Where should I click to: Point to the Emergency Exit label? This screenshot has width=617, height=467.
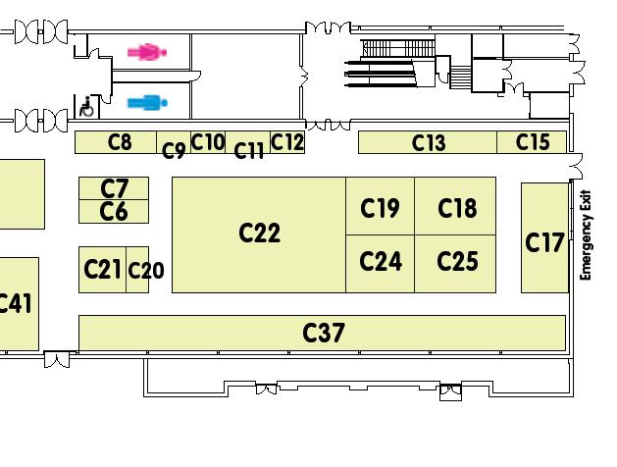coord(586,234)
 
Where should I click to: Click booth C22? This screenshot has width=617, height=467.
coord(259,233)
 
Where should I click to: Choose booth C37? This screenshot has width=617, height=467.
coord(323,333)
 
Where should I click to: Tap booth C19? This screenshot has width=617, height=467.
coord(380,207)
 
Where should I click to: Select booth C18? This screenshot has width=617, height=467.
coord(456,207)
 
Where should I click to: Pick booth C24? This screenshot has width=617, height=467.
coord(380,262)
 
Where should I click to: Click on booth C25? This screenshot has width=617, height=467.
coord(456,262)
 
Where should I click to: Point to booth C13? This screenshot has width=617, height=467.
coord(428,142)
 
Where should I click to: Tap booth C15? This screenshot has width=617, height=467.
coord(533,142)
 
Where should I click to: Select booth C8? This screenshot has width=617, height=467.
coord(119,142)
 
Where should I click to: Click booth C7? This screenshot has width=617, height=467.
coord(115,188)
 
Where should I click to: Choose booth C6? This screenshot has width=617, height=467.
coord(115,211)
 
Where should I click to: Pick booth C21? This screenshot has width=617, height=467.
coord(102,269)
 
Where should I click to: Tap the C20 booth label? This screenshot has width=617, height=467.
coord(145,271)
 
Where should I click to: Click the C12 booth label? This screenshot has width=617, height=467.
coord(287,142)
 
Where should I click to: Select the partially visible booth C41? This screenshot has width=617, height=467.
coord(17,303)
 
